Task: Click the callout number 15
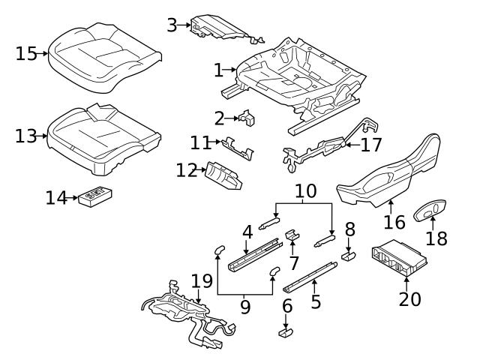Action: point(26,53)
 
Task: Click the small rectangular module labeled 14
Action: point(94,196)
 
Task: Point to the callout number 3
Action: point(172,25)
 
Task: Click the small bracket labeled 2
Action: point(247,118)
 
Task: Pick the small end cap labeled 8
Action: point(349,256)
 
